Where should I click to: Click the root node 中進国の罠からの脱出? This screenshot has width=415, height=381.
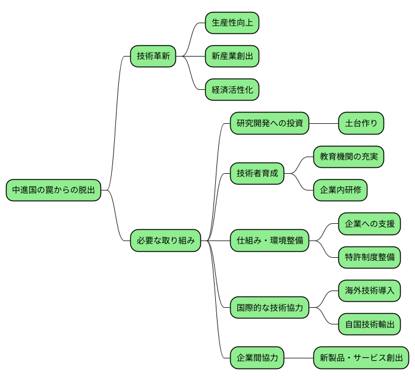click(53, 190)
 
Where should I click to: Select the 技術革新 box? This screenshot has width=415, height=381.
click(153, 57)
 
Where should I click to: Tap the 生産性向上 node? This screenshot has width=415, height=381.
click(232, 23)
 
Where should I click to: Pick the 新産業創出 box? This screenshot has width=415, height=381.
click(232, 57)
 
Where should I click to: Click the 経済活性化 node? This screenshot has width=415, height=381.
click(232, 90)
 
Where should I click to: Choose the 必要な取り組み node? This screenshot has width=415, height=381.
click(165, 241)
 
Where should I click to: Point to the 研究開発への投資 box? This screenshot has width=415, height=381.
click(269, 124)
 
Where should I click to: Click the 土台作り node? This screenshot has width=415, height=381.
click(361, 124)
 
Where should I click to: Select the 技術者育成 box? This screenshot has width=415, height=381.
click(257, 174)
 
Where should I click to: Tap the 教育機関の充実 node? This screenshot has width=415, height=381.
click(348, 157)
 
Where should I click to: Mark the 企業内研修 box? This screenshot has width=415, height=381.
click(340, 190)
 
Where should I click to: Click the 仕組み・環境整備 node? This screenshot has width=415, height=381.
click(269, 241)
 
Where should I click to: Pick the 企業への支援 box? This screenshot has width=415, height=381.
click(369, 224)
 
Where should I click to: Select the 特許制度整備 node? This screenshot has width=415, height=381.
click(369, 257)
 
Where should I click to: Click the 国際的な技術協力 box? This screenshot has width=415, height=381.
click(269, 308)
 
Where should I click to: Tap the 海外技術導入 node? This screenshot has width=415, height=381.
click(369, 291)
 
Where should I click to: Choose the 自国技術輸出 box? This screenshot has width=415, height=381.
click(369, 324)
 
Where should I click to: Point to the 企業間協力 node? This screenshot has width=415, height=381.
click(257, 358)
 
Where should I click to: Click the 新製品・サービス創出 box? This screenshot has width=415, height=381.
click(361, 358)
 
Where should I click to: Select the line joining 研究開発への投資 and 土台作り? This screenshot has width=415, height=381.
click(323, 124)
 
